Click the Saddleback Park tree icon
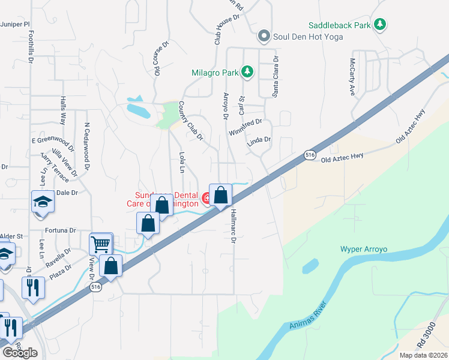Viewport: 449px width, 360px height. (379, 25)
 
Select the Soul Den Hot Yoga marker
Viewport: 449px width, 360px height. (264, 37)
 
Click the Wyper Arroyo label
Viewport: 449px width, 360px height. (364, 249)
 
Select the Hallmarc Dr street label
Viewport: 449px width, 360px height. (234, 226)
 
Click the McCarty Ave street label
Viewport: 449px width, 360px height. (353, 77)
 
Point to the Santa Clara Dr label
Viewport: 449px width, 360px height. (276, 76)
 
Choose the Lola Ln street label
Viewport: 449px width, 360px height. (181, 162)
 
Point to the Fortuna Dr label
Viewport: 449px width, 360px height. (61, 230)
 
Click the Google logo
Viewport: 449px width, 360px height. (20, 353)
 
